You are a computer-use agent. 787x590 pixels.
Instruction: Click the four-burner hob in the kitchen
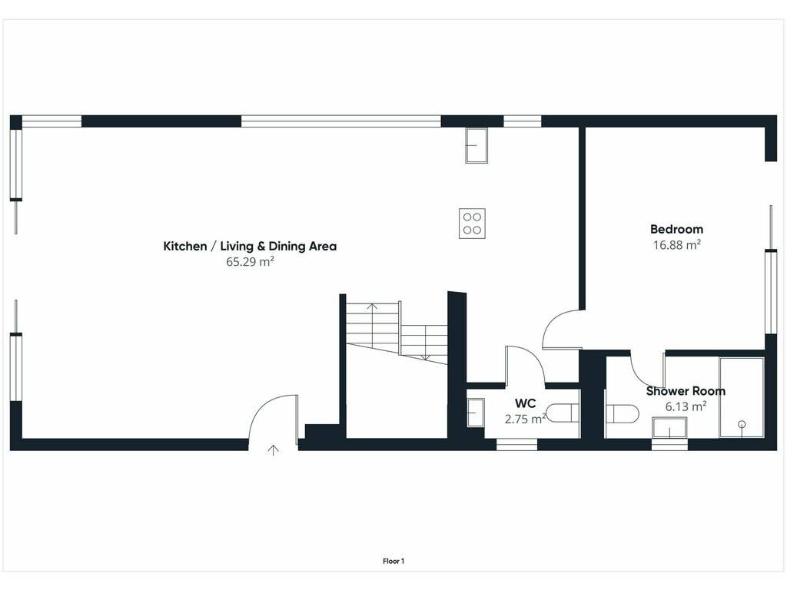pos(472,224)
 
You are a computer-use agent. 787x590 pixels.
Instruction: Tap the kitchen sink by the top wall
pos(477,145)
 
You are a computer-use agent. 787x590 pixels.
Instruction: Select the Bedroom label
pos(676,229)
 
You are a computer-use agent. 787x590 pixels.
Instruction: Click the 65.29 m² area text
pos(250,261)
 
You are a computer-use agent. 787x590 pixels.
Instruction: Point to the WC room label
pos(525,403)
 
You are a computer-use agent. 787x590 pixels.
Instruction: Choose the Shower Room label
pos(686,391)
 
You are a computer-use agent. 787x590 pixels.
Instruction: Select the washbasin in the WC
pos(475,413)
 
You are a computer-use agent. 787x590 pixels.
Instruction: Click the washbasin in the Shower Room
pos(669,428)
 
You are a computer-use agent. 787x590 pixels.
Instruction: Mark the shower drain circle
pos(742,424)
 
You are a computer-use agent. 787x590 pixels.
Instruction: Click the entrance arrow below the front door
pos(273,450)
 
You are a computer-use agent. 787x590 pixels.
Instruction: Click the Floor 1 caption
pos(393,562)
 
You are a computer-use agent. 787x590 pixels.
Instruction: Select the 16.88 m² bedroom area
pos(676,245)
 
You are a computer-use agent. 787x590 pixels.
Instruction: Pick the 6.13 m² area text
pos(686,406)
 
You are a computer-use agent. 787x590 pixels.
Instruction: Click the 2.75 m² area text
pos(525,419)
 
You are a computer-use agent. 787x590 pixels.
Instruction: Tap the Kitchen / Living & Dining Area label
pos(250,247)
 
